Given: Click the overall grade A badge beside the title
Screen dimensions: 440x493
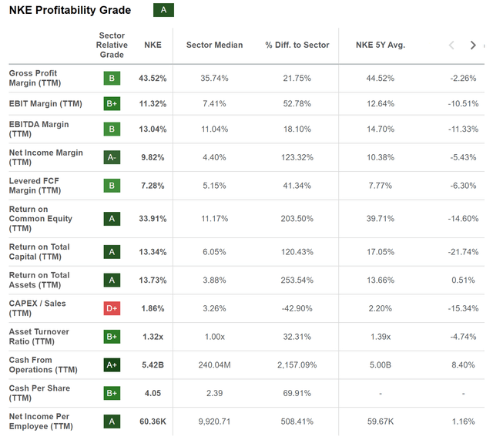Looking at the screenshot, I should tap(163, 10).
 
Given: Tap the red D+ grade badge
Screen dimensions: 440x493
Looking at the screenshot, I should tap(112, 308).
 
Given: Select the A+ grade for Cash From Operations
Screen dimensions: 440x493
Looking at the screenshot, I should tap(112, 365).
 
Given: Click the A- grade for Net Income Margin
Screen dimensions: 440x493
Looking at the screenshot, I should tap(112, 158).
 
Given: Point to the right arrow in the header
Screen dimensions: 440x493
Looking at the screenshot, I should tap(473, 45).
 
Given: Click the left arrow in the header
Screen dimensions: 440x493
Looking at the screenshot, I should tap(452, 45).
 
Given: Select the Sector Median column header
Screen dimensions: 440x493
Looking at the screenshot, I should tap(214, 45).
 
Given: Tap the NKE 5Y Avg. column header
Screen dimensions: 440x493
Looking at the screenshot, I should tap(381, 45).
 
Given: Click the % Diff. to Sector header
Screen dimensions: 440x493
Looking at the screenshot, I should tap(297, 45).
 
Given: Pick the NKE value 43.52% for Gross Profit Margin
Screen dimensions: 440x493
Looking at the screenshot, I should tap(153, 79).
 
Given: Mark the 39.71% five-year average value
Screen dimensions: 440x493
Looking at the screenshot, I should tap(381, 219).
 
